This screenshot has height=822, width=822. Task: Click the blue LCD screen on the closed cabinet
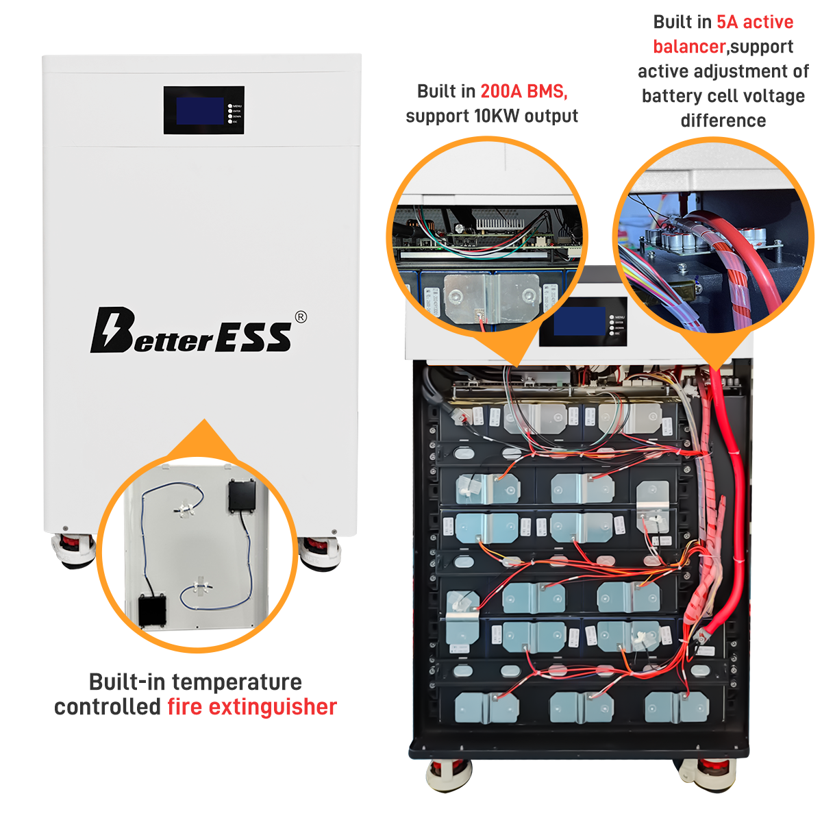point(200,111)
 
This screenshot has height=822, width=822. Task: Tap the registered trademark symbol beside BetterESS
point(301,316)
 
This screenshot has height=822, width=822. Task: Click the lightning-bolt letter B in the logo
point(111,330)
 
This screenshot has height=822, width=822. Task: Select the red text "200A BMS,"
point(524,91)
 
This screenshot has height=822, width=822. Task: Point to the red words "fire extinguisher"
point(252,707)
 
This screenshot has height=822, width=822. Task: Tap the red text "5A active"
point(755,22)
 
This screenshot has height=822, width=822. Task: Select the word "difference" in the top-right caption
point(723,121)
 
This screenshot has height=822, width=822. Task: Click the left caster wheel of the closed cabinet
point(73,551)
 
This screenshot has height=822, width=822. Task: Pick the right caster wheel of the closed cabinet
point(320,552)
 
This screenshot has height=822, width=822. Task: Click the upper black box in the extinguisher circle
point(242,495)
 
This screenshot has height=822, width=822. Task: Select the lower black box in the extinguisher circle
point(152,610)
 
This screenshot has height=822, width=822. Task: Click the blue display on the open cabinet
point(579,321)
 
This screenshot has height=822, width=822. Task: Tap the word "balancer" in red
point(688,47)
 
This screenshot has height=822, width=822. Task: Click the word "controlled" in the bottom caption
point(107,707)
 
